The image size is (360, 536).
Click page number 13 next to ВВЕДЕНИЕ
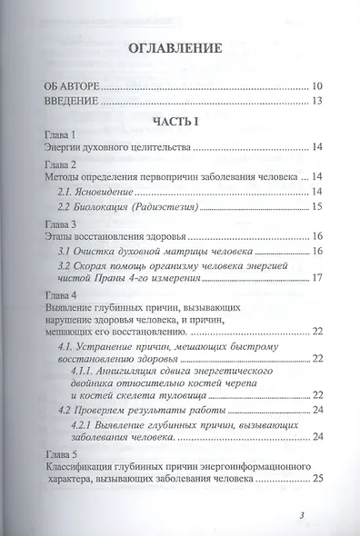(x=315, y=101)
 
